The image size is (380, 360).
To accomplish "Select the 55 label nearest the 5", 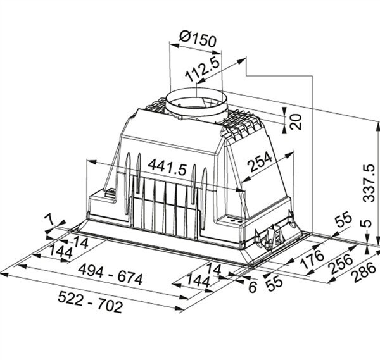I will tap(342, 221).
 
